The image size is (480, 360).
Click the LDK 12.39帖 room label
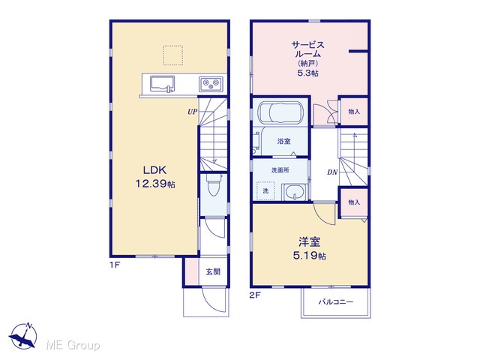coord(155,177)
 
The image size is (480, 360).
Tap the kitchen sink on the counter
coord(162,83)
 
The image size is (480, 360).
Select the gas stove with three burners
coord(211,83)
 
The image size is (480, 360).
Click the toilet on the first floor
coord(212,184)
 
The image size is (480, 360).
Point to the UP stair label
coord(192,112)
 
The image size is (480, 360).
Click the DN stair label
coord(332,172)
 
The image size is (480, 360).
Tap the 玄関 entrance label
coord(213,271)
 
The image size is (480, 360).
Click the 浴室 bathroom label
coord(283,141)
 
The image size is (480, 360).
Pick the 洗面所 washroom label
coord(280,170)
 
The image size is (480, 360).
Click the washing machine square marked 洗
coord(265,190)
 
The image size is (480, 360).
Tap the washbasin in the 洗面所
coord(295,192)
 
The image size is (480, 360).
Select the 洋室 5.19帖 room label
coord(310,248)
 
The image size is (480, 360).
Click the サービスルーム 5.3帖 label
coord(307,59)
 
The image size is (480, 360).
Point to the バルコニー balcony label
coord(336,302)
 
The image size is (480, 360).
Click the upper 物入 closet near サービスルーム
coord(354,112)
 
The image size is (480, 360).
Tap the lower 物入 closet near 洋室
coord(354,202)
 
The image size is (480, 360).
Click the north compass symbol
coord(23,336)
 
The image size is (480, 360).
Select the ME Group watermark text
coord(73,345)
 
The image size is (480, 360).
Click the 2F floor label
coord(255,295)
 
